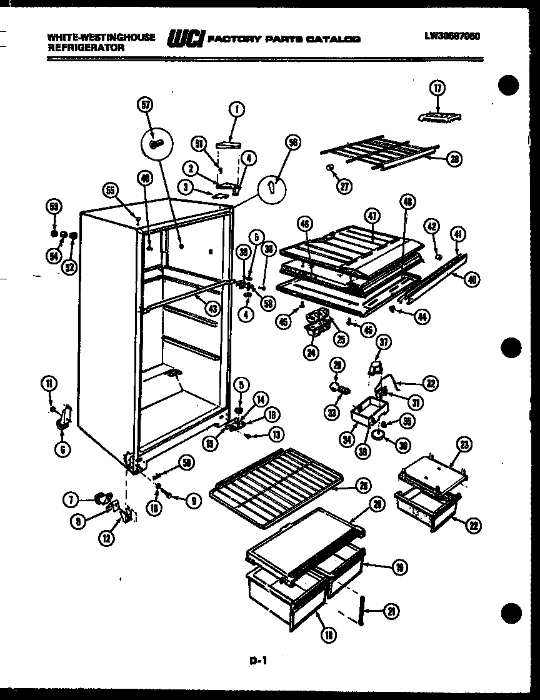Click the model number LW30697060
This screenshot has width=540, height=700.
pyautogui.click(x=451, y=36)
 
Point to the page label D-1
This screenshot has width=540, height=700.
pyautogui.click(x=262, y=658)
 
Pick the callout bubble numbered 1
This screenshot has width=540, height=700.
pyautogui.click(x=236, y=110)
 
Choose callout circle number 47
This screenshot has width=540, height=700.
pyautogui.click(x=372, y=216)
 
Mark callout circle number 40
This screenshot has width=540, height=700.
pyautogui.click(x=472, y=279)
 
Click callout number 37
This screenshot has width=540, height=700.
pyautogui.click(x=382, y=341)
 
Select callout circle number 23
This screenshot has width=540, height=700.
pyautogui.click(x=463, y=446)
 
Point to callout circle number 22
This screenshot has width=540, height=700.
pyautogui.click(x=472, y=526)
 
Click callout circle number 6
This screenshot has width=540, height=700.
pyautogui.click(x=62, y=447)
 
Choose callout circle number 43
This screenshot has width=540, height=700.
pyautogui.click(x=214, y=307)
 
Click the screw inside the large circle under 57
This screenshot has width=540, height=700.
pyautogui.click(x=156, y=144)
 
